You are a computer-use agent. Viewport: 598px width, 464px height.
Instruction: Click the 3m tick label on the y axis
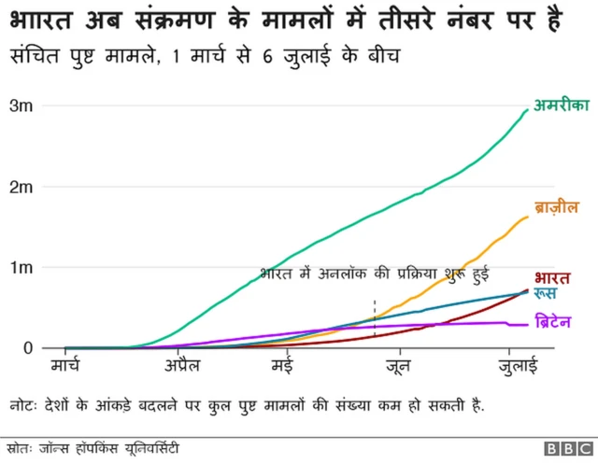(x=21, y=106)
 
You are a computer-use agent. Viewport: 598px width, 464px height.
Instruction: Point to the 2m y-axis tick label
(x=21, y=187)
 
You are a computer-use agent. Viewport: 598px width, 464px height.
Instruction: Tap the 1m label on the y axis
(x=21, y=268)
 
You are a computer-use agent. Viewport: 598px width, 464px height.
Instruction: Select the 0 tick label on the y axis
(x=28, y=348)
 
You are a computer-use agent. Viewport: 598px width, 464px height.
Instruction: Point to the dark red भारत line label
(x=553, y=277)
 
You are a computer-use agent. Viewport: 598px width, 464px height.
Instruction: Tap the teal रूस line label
(x=548, y=294)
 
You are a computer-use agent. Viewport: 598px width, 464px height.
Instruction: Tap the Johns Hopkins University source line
(x=98, y=446)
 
